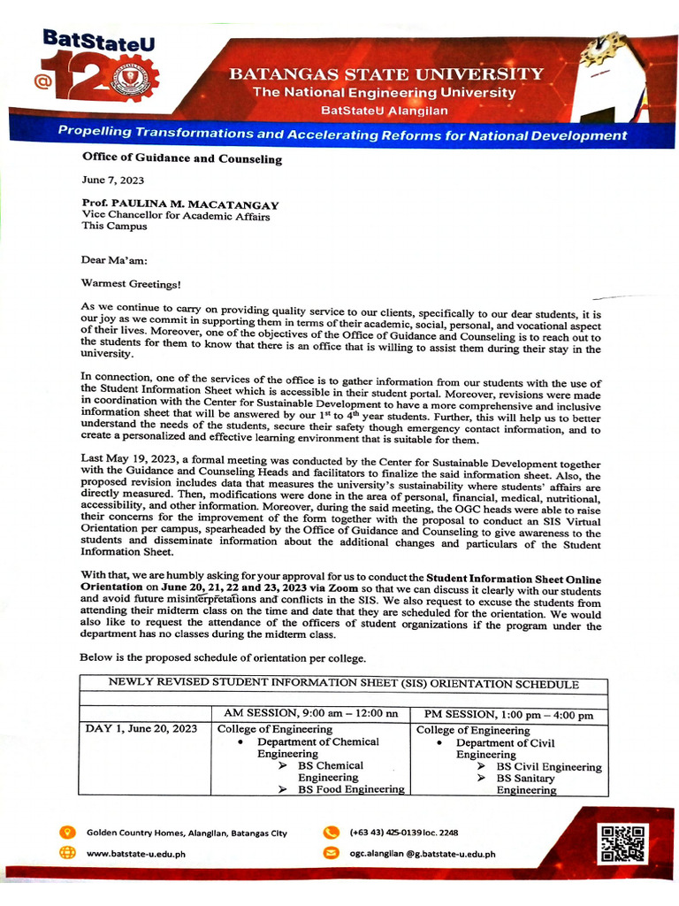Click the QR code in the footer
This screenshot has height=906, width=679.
pyautogui.click(x=623, y=842)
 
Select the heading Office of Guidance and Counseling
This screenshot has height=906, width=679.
pyautogui.click(x=181, y=159)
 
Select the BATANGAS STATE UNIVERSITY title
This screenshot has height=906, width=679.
pyautogui.click(x=386, y=74)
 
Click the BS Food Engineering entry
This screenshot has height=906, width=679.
pyautogui.click(x=351, y=789)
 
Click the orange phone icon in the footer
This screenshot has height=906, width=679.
pyautogui.click(x=332, y=833)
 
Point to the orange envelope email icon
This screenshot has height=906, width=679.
pyautogui.click(x=332, y=854)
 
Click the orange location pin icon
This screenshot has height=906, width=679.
pyautogui.click(x=66, y=833)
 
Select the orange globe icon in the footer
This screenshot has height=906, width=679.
pyautogui.click(x=66, y=854)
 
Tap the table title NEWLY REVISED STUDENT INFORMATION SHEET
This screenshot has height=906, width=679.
pyautogui.click(x=343, y=684)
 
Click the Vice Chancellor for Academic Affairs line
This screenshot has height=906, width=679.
pyautogui.click(x=176, y=215)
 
